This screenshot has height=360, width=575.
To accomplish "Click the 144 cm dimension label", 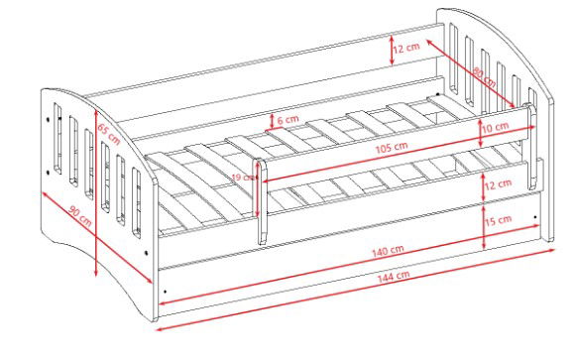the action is (x=394, y=277).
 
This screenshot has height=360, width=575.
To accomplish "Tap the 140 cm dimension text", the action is (x=388, y=252).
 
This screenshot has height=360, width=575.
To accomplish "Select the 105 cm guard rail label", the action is (x=392, y=148).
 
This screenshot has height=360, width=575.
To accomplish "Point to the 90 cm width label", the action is (x=80, y=216).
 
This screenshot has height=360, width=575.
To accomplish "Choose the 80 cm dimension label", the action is (x=484, y=77).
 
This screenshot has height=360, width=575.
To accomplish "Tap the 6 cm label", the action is (x=287, y=120).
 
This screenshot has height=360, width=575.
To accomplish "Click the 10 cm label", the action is (x=496, y=128).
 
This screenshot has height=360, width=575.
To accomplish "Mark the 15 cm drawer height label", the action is (x=499, y=220).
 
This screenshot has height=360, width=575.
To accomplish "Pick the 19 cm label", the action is (x=243, y=178).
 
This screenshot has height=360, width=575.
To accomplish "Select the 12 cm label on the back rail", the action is (x=406, y=48).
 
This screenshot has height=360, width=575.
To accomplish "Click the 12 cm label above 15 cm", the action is (x=498, y=184).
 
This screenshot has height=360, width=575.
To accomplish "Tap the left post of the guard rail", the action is (x=261, y=201).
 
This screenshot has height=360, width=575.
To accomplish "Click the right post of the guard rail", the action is (x=531, y=146).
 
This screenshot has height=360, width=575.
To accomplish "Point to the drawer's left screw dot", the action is (x=166, y=292).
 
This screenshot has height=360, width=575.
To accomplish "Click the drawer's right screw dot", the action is (x=535, y=217).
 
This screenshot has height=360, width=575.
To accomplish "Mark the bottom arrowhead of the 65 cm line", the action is (x=96, y=273).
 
